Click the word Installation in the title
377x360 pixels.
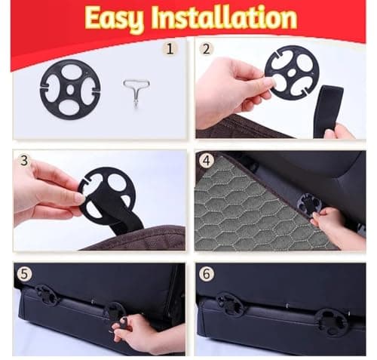[x=224, y=17]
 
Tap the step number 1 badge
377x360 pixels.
[x=170, y=48]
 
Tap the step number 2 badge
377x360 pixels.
[x=206, y=49]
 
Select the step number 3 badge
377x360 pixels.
[x=24, y=160]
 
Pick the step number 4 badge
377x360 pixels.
[x=207, y=160]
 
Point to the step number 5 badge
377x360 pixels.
[x=24, y=273]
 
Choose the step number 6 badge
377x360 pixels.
[x=207, y=273]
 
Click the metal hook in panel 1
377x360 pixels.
[x=136, y=92]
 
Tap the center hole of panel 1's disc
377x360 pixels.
[x=71, y=90]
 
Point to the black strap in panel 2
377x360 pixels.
[x=328, y=112]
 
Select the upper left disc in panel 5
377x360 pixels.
[x=48, y=294]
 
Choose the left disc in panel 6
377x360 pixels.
[x=230, y=304]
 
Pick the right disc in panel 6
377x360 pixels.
[x=332, y=323]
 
